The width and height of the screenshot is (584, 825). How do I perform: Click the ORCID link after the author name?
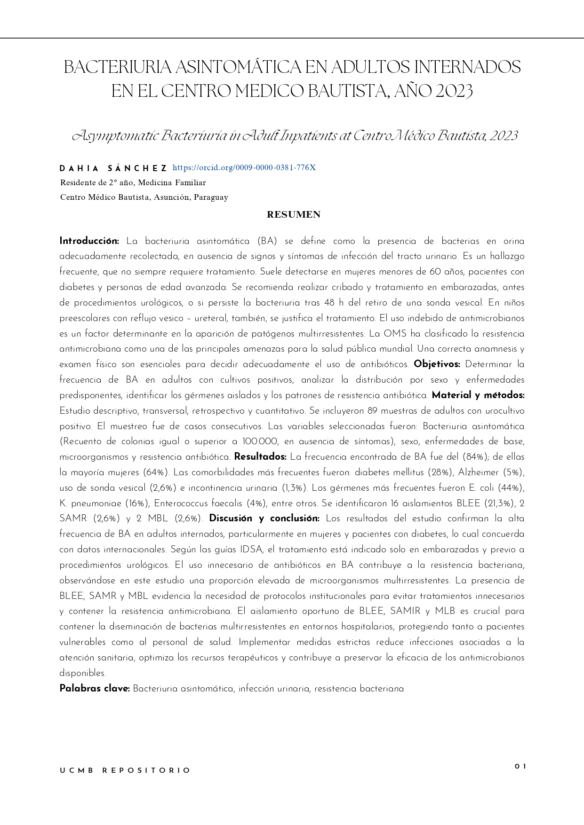244,168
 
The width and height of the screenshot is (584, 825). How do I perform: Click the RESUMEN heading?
294,215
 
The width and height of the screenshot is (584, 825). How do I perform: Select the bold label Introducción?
89,241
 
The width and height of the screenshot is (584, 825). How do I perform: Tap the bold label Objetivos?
437,364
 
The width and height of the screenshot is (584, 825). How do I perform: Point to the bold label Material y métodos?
478,395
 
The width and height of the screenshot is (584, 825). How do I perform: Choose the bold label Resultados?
260,457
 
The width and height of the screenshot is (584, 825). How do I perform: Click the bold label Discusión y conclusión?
264,519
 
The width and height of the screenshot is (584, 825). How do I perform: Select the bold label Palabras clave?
95,689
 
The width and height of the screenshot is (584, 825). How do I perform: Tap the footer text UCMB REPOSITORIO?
125,771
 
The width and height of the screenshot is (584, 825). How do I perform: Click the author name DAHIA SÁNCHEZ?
113,168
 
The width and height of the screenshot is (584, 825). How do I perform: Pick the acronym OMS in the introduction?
395,334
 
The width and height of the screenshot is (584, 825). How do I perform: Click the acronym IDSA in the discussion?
254,550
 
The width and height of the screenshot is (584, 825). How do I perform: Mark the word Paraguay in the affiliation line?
211,197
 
